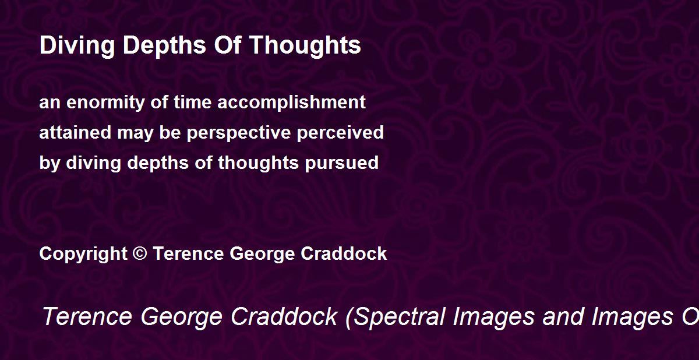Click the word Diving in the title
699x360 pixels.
pos(77,45)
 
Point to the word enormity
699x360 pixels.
pos(105,103)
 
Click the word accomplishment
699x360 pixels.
pos(291,103)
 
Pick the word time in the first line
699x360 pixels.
pos(193,102)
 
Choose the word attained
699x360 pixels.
pos(76,132)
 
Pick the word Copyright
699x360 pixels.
pos(83,254)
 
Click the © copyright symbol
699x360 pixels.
pos(140,253)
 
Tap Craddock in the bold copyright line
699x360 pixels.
pos(344,253)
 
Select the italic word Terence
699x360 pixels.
pos(87,316)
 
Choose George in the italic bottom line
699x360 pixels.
pos(181,317)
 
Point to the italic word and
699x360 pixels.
pos(563,316)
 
